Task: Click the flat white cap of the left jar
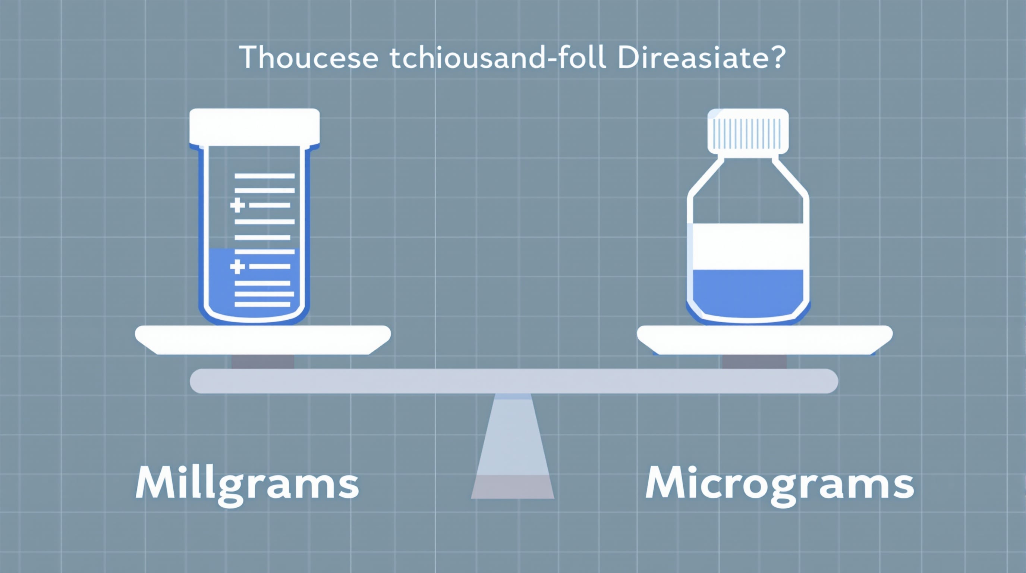click(x=255, y=127)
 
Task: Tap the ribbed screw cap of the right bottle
click(x=748, y=131)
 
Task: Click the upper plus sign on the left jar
click(x=237, y=206)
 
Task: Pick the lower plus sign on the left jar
click(x=237, y=267)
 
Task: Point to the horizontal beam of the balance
click(x=514, y=381)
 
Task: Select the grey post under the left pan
click(x=263, y=361)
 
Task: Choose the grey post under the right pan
click(x=754, y=361)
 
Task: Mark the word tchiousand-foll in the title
click(x=498, y=58)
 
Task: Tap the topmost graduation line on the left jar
click(x=264, y=176)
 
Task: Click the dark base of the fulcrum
click(x=513, y=487)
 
